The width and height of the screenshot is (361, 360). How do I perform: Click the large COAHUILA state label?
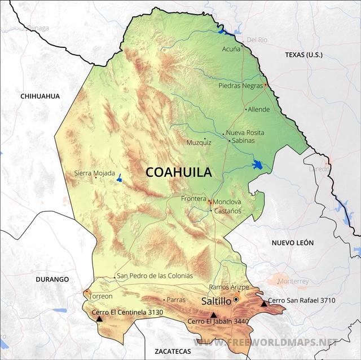(178, 172)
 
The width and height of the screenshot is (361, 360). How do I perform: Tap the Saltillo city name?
(216, 301)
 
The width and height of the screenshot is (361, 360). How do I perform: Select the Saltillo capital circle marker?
(236, 300)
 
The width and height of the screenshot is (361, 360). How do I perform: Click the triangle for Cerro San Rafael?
(264, 304)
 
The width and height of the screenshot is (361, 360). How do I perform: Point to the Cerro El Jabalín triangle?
(213, 315)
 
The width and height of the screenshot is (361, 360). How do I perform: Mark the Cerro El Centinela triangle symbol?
(99, 319)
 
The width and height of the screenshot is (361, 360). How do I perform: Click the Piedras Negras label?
(240, 86)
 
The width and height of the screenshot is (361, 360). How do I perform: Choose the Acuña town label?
(231, 48)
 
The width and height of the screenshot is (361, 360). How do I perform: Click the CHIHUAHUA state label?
(40, 96)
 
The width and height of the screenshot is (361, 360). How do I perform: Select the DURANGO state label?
(52, 279)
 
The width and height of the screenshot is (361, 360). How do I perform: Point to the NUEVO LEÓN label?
(292, 243)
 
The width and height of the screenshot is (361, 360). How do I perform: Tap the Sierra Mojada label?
(94, 174)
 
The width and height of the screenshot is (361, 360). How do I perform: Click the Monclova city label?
(228, 202)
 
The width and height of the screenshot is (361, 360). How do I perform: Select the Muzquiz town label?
(199, 143)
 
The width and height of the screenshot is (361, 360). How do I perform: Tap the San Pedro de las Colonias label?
(155, 276)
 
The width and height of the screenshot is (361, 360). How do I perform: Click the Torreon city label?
(101, 296)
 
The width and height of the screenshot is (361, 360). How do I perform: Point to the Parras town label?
(176, 300)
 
